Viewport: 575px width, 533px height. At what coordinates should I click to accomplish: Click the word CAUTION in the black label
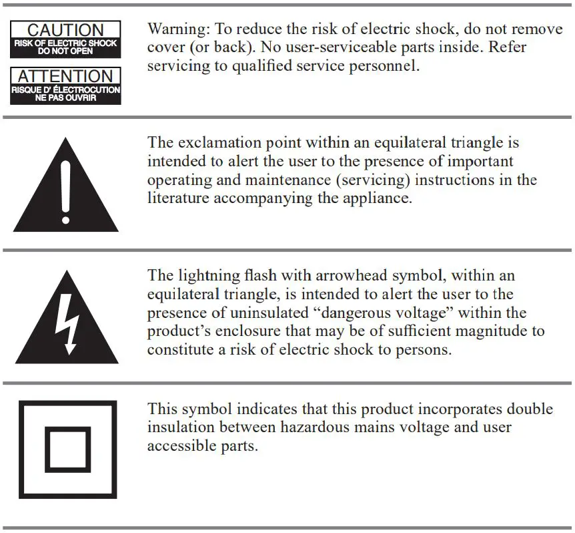point(65,30)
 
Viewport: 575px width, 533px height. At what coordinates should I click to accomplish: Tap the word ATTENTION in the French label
point(65,76)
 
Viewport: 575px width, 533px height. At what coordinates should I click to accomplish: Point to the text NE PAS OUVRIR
point(65,98)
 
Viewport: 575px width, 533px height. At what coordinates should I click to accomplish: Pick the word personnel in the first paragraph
point(390,66)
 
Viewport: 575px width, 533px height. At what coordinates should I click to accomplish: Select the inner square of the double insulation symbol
point(67,450)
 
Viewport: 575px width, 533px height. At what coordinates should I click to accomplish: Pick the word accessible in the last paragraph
point(178,446)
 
